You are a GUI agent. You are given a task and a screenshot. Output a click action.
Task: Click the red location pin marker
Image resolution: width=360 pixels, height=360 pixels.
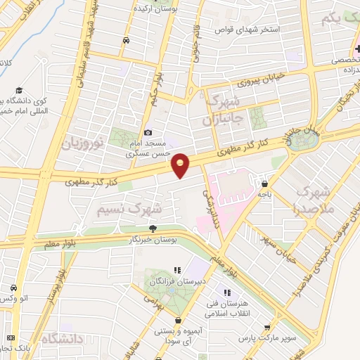point(181,165)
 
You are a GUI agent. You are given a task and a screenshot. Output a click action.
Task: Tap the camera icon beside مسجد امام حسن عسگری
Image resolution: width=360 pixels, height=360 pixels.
point(148,132)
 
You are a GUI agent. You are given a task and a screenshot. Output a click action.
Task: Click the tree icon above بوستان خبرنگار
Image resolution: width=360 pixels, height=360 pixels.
point(153,228)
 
